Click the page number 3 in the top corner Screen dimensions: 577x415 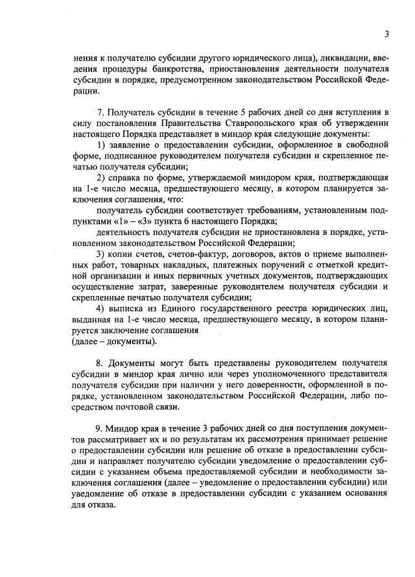pyautogui.click(x=386, y=34)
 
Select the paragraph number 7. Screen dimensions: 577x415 pyautogui.click(x=99, y=113)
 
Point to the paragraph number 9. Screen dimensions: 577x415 pyautogui.click(x=99, y=430)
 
